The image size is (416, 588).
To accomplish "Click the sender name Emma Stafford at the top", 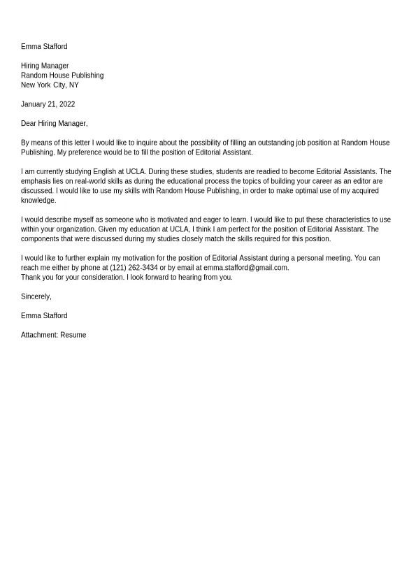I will tap(44, 47).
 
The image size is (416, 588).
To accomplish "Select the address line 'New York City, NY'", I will tap(50, 85).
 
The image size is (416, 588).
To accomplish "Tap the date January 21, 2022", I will tap(48, 104).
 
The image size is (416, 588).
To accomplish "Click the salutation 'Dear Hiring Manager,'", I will tap(54, 124).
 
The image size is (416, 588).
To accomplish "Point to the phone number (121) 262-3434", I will tap(134, 268).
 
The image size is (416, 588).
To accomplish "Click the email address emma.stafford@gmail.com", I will tap(245, 268).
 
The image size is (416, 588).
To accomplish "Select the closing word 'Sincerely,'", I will tap(36, 296).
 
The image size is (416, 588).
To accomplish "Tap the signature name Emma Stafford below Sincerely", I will tap(44, 316).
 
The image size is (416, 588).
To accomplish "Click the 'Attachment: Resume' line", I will tap(53, 335).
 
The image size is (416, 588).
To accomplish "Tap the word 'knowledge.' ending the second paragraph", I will tap(38, 201).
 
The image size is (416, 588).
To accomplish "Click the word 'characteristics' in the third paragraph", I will tap(340, 220).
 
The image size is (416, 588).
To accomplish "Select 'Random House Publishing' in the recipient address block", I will tap(62, 76).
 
